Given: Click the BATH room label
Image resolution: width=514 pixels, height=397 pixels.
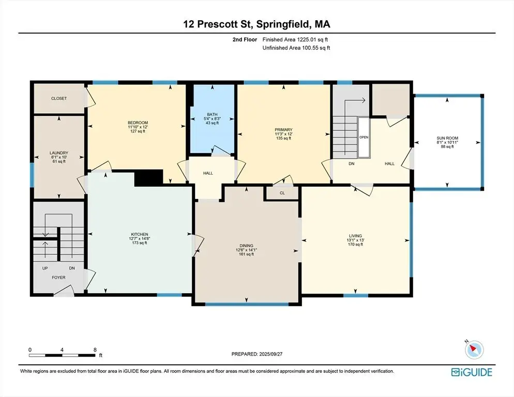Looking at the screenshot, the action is pyautogui.click(x=212, y=114).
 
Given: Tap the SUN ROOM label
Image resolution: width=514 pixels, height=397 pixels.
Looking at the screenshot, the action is pyautogui.click(x=447, y=139).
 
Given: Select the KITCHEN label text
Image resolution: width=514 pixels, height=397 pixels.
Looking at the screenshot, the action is pyautogui.click(x=140, y=234).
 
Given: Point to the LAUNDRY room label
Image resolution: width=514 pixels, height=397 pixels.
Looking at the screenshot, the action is pyautogui.click(x=59, y=153).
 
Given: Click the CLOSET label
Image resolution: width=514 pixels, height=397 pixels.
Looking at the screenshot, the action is pyautogui.click(x=59, y=98).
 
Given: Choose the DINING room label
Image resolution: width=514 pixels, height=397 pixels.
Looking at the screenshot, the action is pyautogui.click(x=246, y=246).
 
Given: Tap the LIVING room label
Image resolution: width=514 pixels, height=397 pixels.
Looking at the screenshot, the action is pyautogui.click(x=355, y=236).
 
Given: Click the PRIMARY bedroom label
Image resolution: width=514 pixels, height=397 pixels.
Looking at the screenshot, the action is pyautogui.click(x=283, y=130).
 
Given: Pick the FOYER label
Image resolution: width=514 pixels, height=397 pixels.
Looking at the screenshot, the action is pyautogui.click(x=58, y=278).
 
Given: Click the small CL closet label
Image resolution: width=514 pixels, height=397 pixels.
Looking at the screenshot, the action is pyautogui.click(x=282, y=193).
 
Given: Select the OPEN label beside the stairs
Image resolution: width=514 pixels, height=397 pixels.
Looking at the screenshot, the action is pyautogui.click(x=364, y=138).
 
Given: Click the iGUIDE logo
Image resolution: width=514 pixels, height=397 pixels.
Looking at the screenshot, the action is pyautogui.click(x=472, y=372).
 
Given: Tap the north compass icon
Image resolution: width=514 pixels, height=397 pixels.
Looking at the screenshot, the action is pyautogui.click(x=474, y=349).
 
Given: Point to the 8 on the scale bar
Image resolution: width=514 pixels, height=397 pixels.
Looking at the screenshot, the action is pyautogui.click(x=95, y=349).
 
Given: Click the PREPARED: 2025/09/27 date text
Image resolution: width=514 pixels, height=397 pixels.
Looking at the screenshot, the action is pyautogui.click(x=257, y=354).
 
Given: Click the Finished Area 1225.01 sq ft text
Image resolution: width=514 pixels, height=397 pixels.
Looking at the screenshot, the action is pyautogui.click(x=295, y=40).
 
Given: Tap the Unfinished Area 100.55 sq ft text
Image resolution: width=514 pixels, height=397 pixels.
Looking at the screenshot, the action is pyautogui.click(x=296, y=48).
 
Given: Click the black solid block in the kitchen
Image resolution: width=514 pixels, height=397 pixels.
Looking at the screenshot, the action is pyautogui.click(x=149, y=178).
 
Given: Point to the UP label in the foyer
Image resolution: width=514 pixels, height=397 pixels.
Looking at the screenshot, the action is pyautogui.click(x=45, y=268).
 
